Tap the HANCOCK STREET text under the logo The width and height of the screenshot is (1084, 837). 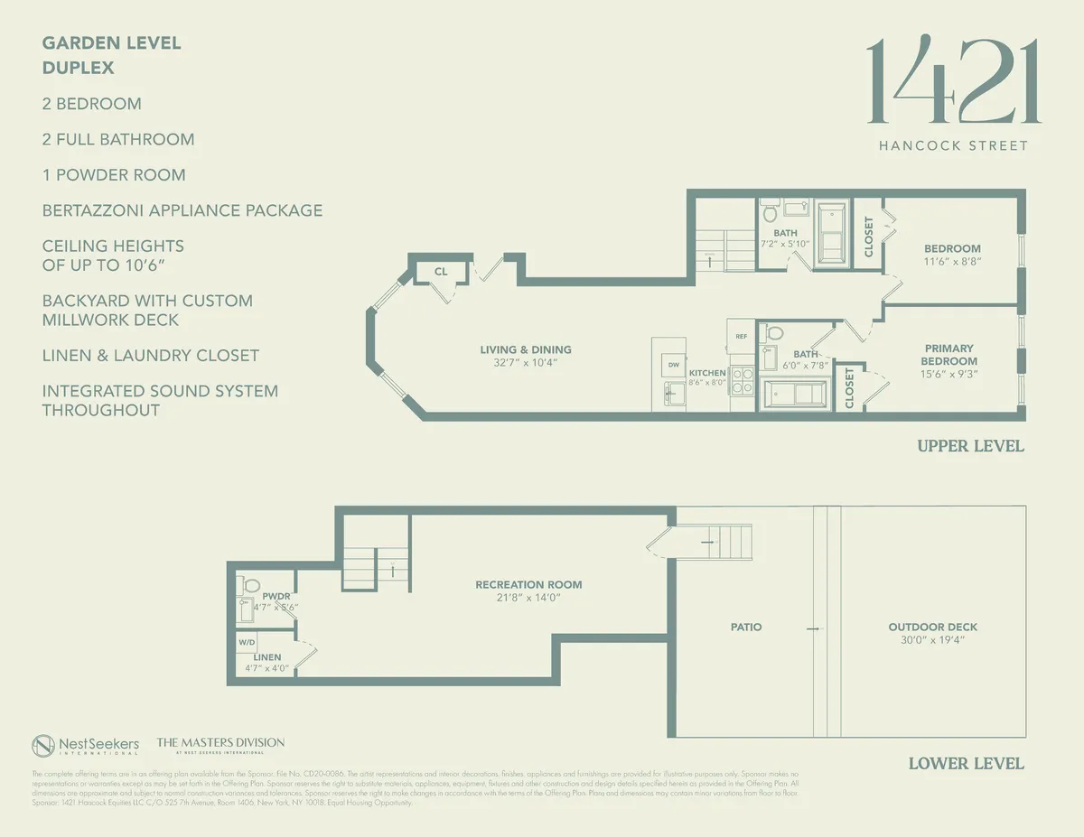953,145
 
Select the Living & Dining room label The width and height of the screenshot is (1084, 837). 525,350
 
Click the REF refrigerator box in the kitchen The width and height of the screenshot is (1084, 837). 742,336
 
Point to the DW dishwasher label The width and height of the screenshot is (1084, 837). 673,365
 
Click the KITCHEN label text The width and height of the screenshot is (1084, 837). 707,373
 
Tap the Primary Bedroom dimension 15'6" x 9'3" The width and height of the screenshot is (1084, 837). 948,374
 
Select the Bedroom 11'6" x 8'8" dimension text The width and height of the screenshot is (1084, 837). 952,261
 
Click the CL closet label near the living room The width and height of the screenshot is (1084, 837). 441,271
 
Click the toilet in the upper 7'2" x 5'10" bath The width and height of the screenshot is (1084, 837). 771,213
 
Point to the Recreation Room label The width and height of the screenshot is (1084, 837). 528,585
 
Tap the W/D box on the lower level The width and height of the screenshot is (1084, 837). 247,642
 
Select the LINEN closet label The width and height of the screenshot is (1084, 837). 267,657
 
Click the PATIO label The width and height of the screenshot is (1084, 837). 746,627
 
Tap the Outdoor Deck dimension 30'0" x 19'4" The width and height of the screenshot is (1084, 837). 933,639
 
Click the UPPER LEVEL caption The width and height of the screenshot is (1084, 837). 970,446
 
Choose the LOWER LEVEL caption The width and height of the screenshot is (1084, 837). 966,764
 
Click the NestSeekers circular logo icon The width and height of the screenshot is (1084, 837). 44,746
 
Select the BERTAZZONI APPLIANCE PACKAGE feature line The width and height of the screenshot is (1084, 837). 182,210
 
